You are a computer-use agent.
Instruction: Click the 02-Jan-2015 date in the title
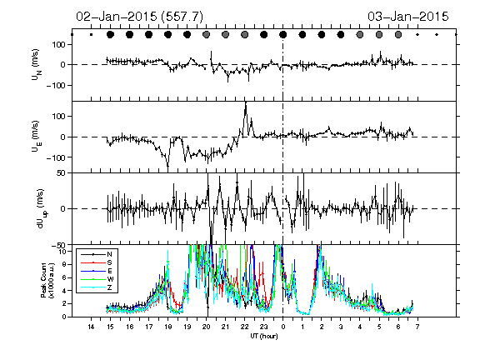[x=117, y=17]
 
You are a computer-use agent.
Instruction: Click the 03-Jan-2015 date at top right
[x=408, y=17]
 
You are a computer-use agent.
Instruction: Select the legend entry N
[x=97, y=254]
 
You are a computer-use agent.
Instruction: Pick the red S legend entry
[x=97, y=262]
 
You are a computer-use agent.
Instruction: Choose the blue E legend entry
[x=97, y=271]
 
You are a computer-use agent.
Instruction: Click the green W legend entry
[x=97, y=279]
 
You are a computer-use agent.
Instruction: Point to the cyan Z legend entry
[x=97, y=287]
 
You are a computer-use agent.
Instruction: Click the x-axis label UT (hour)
[x=264, y=336]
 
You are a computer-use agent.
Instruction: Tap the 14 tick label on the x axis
[x=91, y=327]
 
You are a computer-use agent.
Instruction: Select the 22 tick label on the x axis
[x=245, y=327]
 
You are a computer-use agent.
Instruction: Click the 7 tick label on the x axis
[x=417, y=327]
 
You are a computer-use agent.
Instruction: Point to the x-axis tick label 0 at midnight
[x=282, y=327]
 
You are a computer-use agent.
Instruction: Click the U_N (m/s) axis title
[x=37, y=65]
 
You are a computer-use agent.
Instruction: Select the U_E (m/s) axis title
[x=37, y=136]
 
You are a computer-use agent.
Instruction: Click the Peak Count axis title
[x=47, y=280]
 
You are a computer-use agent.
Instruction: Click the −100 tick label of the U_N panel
[x=56, y=85]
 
